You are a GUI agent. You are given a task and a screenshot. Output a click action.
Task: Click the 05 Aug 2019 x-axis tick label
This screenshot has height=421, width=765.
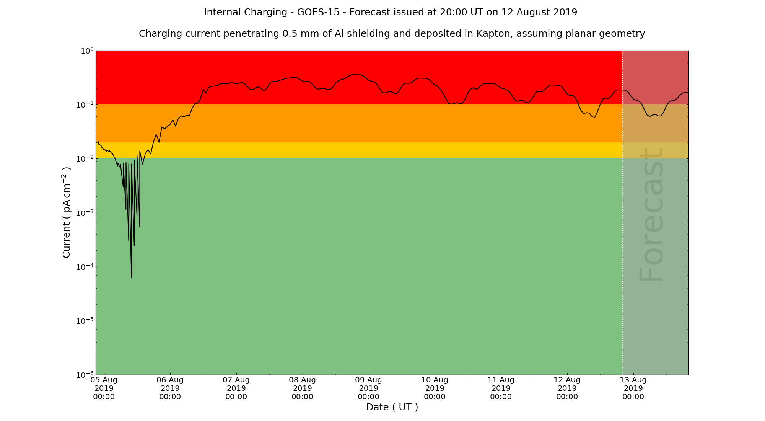tap(104, 388)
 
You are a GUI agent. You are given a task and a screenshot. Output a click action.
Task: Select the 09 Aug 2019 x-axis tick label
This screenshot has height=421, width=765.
tap(369, 388)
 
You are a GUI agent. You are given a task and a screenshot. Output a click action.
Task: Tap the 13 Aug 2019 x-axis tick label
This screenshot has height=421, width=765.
tap(633, 388)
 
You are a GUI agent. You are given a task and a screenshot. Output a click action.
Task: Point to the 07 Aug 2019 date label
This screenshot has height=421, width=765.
tap(236, 388)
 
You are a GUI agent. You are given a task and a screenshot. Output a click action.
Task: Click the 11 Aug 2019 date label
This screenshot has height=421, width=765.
tap(501, 388)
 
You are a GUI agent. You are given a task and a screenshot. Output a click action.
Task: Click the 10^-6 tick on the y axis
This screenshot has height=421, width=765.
tap(85, 375)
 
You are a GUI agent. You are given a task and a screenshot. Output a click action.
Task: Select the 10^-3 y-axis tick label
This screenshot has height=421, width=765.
tap(85, 213)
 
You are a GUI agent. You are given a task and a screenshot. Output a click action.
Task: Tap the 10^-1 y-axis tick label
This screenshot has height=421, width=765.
tap(85, 105)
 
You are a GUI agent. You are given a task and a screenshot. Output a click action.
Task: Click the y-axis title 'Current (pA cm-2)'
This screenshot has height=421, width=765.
tap(67, 212)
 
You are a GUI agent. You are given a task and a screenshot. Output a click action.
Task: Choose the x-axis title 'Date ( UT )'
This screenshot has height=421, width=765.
tap(392, 407)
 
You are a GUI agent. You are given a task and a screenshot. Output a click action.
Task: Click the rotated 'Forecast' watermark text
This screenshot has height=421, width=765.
tap(651, 215)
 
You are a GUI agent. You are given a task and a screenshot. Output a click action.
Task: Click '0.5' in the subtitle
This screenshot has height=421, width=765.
tap(289, 34)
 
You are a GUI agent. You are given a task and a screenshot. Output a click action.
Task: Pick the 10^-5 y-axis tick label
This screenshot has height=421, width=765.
tap(85, 321)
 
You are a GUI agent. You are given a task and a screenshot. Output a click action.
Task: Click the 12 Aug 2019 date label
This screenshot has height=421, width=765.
tap(567, 388)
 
